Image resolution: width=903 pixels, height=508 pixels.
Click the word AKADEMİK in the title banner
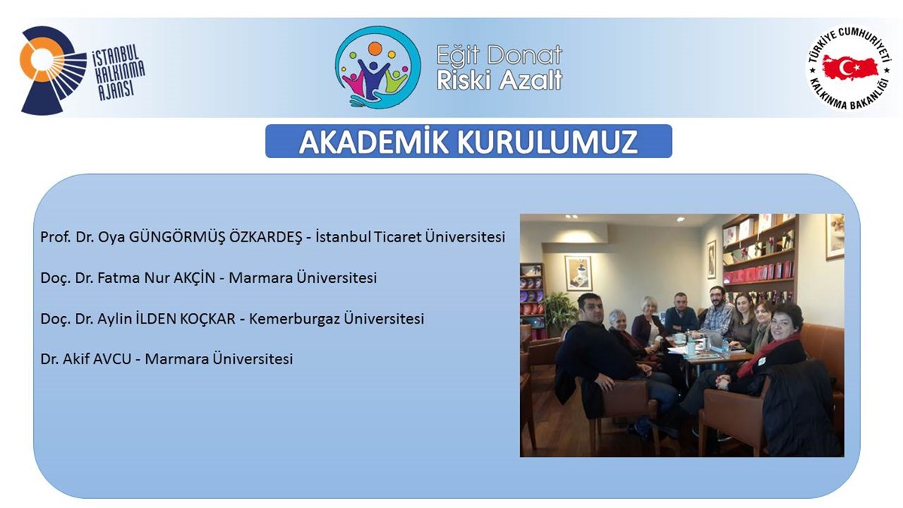point(374,141)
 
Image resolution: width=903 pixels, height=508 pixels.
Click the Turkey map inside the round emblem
point(850,68)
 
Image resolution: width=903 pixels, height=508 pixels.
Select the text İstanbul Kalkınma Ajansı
point(119,72)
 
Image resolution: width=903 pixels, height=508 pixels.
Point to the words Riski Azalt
point(500,80)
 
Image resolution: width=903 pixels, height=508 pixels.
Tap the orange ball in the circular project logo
point(375,48)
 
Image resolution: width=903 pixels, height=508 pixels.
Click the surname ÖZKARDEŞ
point(265,236)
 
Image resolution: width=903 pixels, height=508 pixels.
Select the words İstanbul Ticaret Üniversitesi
point(410,236)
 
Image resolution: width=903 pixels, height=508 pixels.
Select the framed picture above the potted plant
point(579,273)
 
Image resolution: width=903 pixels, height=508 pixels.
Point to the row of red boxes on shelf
point(758,272)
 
